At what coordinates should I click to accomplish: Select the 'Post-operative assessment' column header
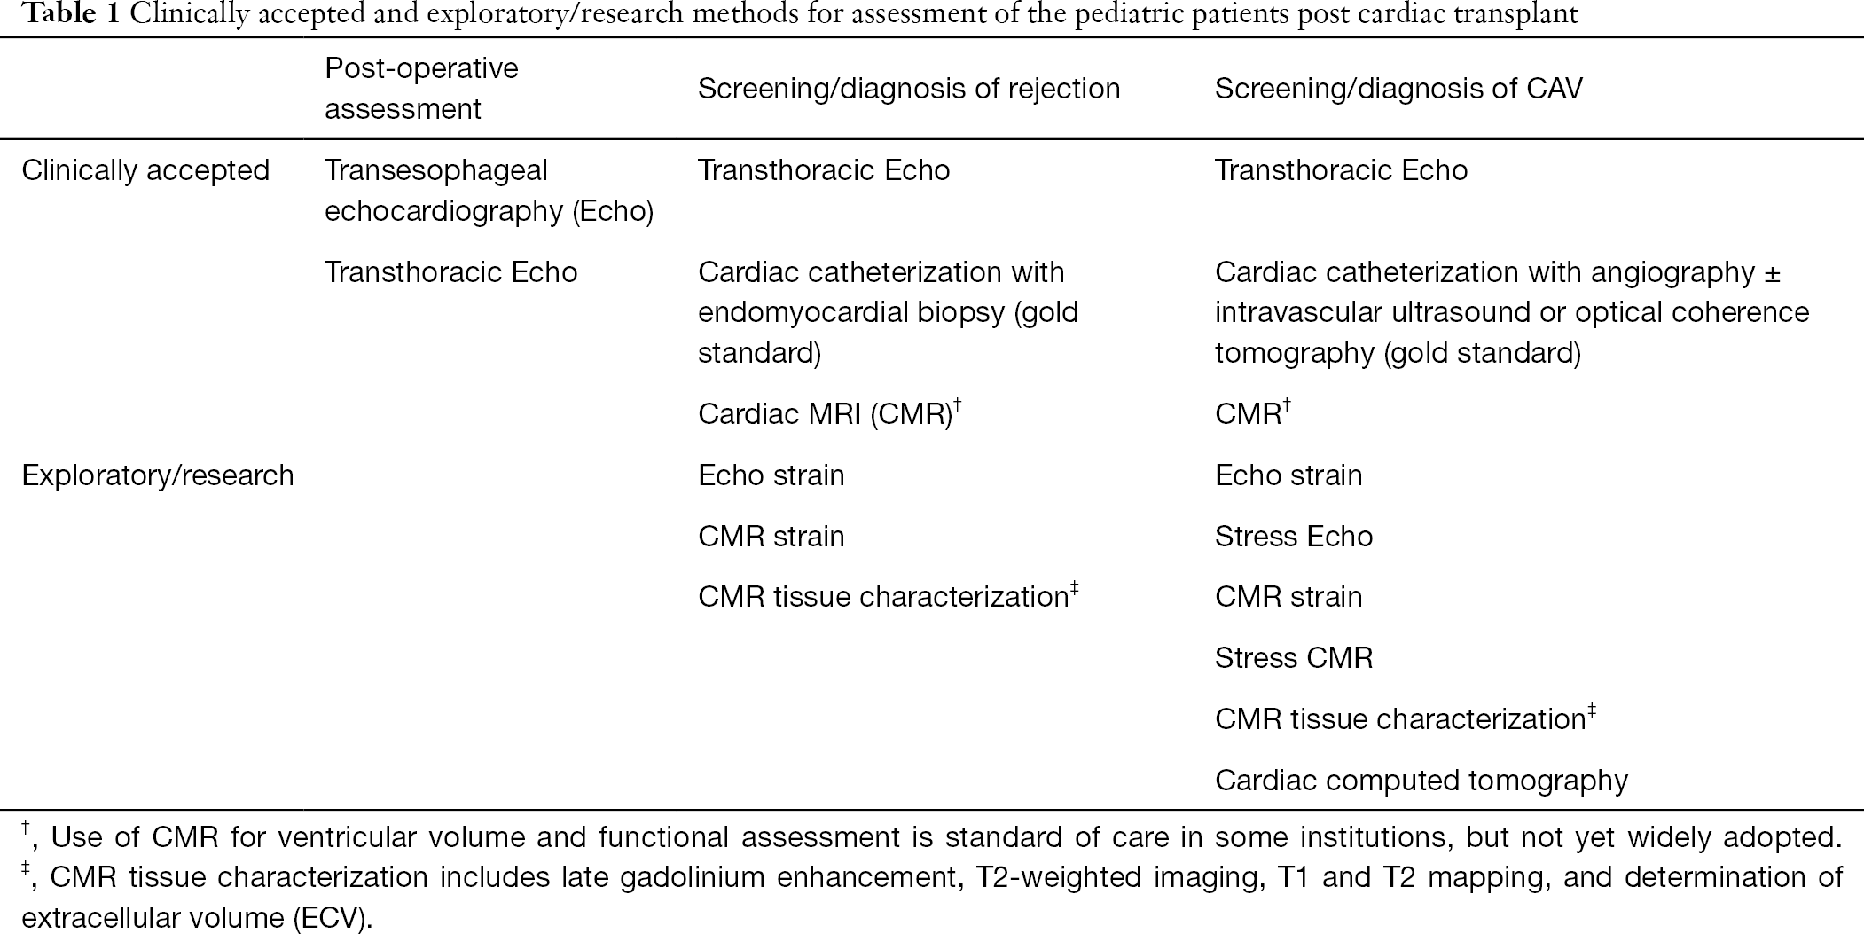(421, 88)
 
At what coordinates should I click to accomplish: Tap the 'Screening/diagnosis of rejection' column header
(909, 89)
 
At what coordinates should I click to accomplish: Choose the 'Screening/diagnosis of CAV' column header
(1398, 89)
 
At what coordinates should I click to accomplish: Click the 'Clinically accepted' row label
(145, 170)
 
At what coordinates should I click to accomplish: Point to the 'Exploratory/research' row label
(158, 475)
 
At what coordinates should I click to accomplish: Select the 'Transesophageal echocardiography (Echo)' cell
(489, 190)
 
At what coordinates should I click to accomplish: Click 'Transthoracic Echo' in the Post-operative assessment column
(451, 271)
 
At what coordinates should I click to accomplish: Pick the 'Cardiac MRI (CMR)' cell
(830, 413)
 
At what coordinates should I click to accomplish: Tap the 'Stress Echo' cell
(1294, 536)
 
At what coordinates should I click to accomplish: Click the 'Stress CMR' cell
(1294, 658)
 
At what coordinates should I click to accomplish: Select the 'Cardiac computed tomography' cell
(1421, 781)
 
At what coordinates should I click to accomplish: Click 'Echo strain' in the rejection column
(771, 475)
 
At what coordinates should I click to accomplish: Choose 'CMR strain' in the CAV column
(1288, 597)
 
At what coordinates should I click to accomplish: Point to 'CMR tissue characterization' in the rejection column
(888, 596)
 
